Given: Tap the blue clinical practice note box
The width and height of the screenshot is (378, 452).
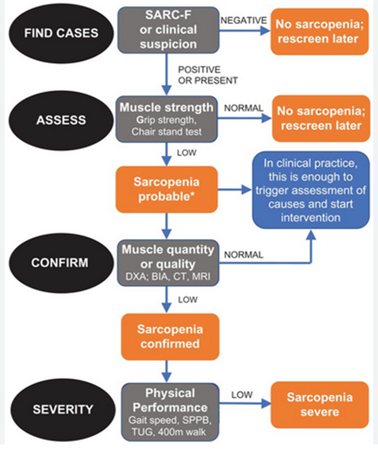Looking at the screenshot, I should click(311, 189).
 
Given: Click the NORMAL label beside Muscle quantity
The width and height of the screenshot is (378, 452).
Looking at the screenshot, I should click(244, 255).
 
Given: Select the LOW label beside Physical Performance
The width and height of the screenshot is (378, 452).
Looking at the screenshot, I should click(240, 395).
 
